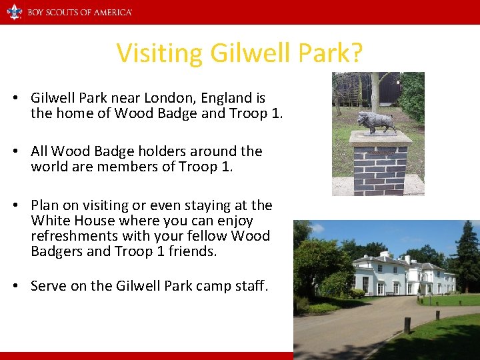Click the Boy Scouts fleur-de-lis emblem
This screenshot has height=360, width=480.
point(14,12)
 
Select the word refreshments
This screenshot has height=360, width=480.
point(80,236)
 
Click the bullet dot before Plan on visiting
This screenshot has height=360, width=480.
point(15,205)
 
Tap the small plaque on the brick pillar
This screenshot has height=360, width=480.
point(381,153)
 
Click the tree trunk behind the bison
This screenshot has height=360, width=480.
point(375,90)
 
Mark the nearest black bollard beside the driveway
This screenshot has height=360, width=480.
point(407,325)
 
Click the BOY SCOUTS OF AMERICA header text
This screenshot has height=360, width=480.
point(79,12)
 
